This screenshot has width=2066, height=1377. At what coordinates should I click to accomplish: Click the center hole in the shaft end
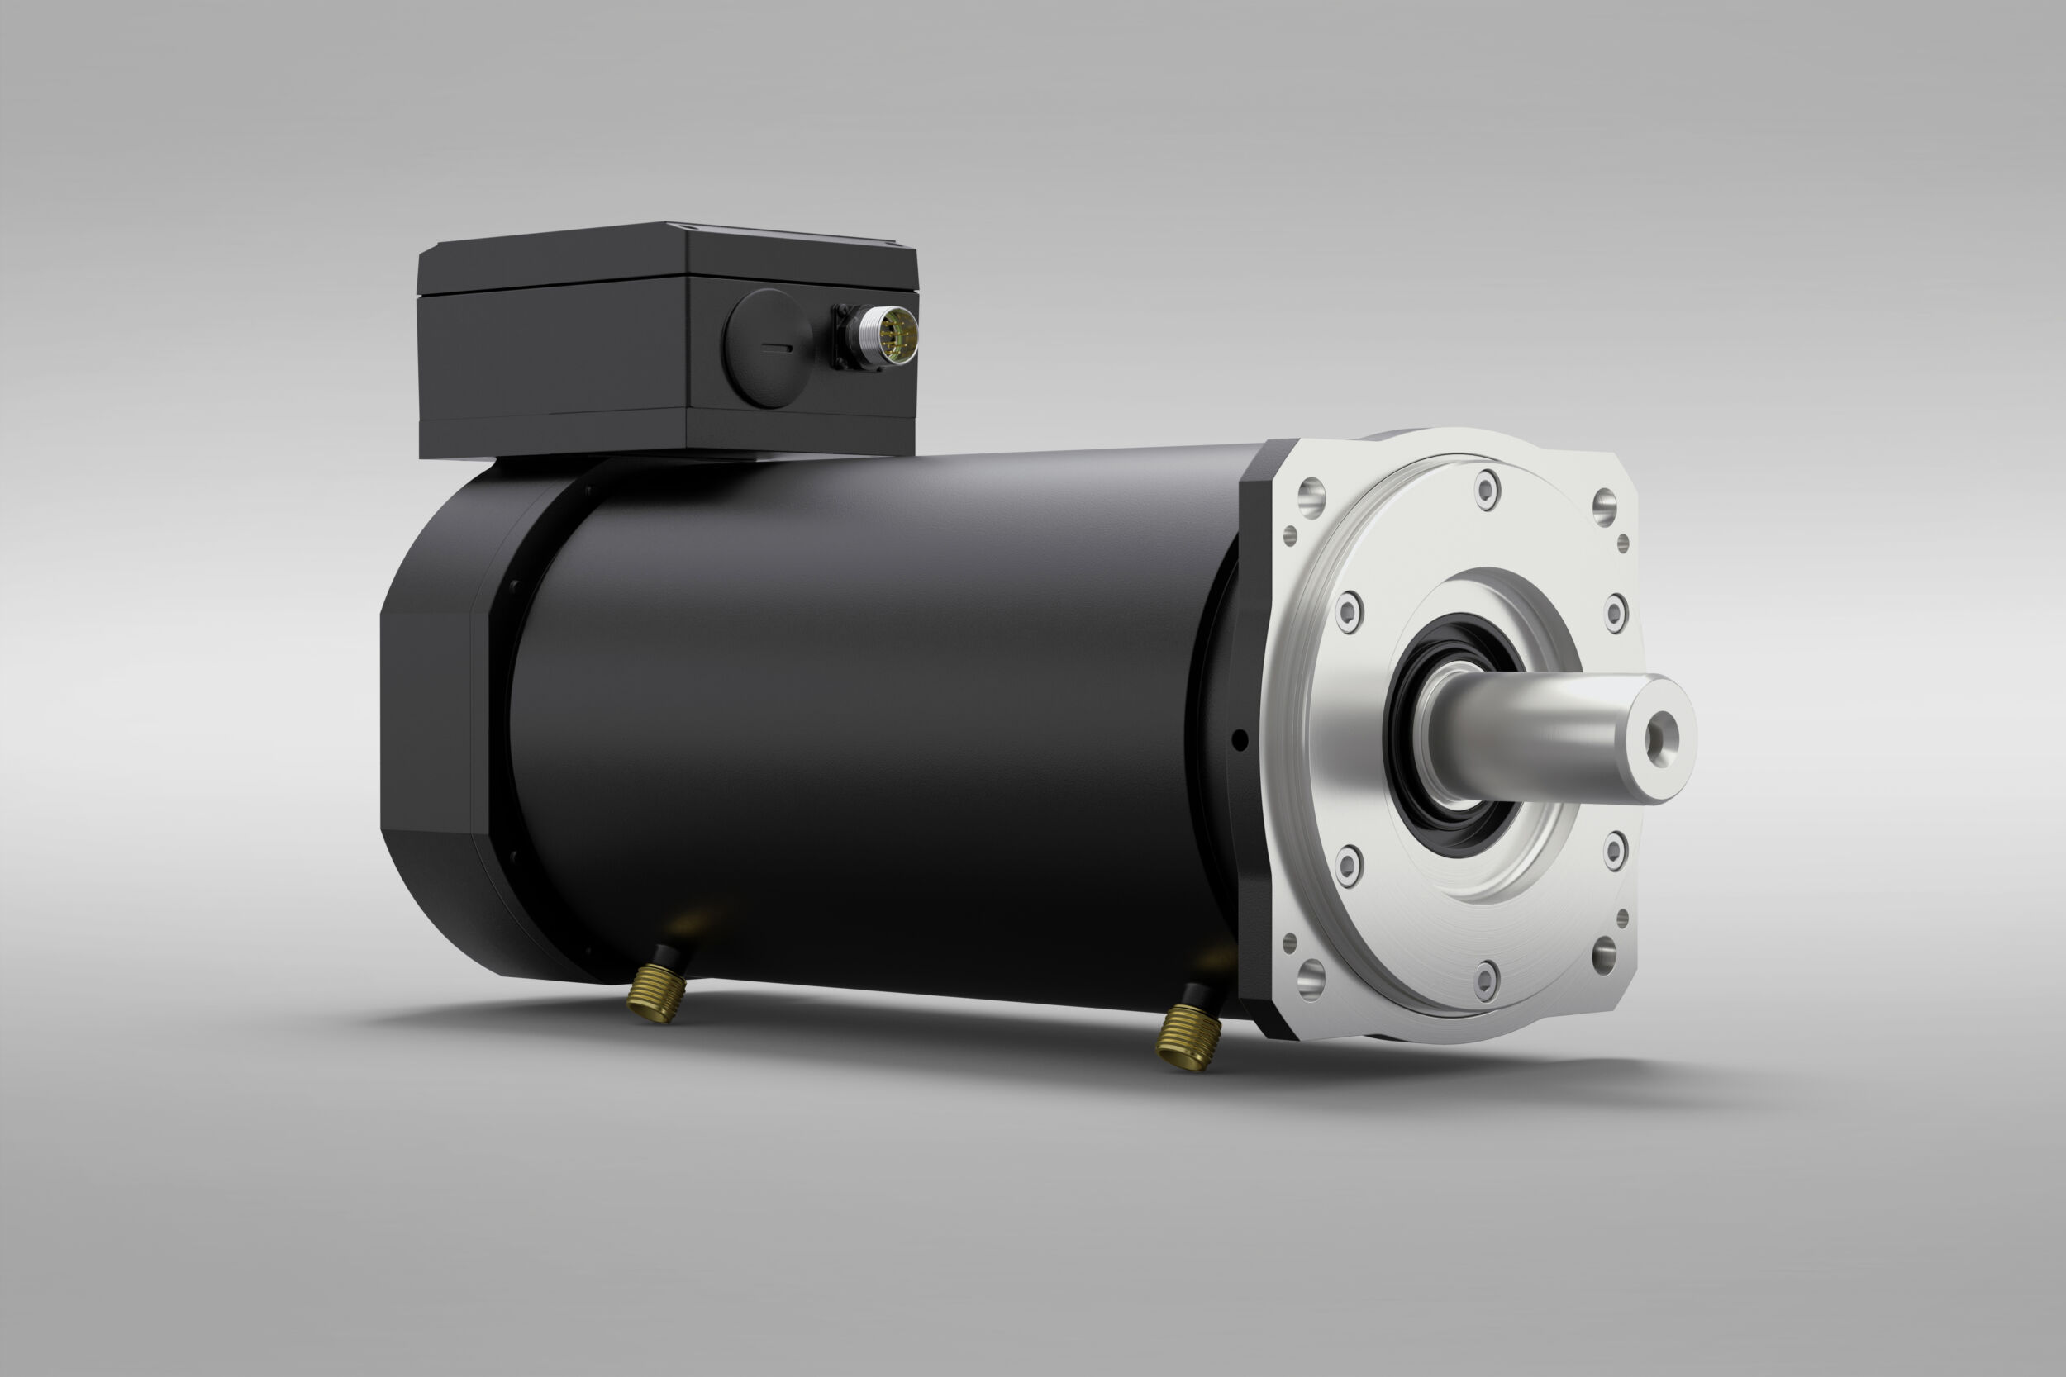pyautogui.click(x=1661, y=738)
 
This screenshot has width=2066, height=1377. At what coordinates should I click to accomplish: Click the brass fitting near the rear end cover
pyautogui.click(x=656, y=991)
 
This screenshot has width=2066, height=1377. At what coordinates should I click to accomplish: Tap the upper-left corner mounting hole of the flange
pyautogui.click(x=1311, y=497)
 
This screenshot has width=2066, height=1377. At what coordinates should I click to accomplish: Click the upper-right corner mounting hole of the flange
pyautogui.click(x=1604, y=506)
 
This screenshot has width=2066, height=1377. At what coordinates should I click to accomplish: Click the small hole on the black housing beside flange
pyautogui.click(x=1240, y=740)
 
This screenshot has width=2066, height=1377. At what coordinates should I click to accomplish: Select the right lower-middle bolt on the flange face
pyautogui.click(x=1615, y=849)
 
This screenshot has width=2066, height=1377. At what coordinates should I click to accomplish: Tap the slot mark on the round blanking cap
pyautogui.click(x=777, y=348)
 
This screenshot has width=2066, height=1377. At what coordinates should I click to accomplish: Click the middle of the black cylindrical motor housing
pyautogui.click(x=878, y=720)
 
